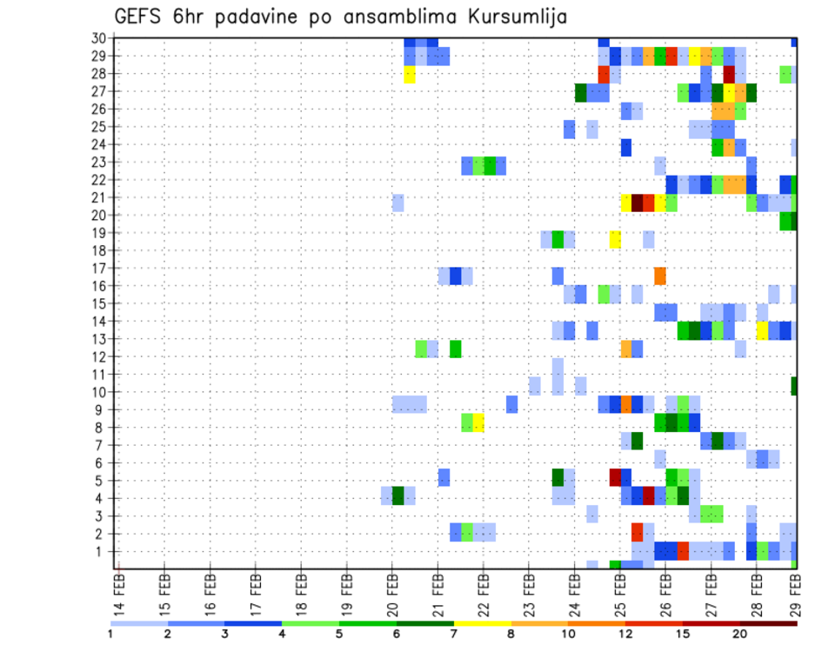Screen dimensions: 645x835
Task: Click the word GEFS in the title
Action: (142, 17)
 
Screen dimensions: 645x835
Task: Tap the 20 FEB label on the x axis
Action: (392, 591)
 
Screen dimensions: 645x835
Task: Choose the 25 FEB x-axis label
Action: (620, 591)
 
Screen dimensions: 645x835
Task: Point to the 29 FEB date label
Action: (795, 591)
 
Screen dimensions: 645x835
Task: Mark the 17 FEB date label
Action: (256, 591)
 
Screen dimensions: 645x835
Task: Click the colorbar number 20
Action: (740, 633)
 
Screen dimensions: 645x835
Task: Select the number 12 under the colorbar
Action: (625, 633)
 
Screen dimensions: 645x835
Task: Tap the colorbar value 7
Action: (453, 633)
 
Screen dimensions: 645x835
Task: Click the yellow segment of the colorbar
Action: (482, 622)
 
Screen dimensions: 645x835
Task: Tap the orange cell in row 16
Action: (660, 276)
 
